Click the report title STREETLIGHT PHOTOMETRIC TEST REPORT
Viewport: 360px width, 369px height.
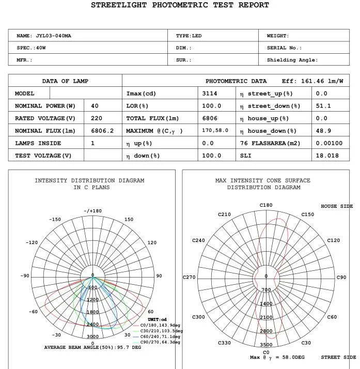tap(180, 5)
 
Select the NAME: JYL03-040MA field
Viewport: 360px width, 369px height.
tap(44, 36)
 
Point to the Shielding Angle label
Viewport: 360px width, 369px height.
tap(292, 60)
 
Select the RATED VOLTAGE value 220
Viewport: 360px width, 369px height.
tap(97, 118)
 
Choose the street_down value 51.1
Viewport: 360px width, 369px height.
tap(323, 106)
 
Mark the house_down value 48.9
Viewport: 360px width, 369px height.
tap(323, 131)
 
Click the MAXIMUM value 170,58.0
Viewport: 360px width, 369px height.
tap(215, 131)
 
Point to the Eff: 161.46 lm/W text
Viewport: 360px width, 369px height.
tap(312, 81)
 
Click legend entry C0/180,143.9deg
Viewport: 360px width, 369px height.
tap(160, 325)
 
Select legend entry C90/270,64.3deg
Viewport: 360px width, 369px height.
tap(160, 342)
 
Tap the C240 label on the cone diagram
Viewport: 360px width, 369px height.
tap(198, 240)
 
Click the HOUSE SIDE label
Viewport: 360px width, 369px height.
tap(337, 206)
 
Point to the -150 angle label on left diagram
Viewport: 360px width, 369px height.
tap(55, 220)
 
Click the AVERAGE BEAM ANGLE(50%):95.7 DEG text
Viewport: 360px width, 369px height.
tap(92, 348)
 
